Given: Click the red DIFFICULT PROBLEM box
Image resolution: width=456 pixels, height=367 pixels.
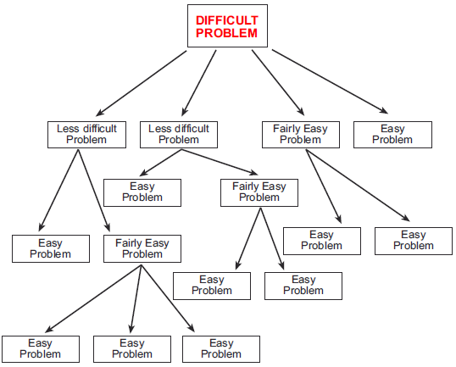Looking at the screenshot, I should (x=226, y=25).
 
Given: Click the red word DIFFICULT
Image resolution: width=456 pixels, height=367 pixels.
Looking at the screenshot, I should (x=226, y=19).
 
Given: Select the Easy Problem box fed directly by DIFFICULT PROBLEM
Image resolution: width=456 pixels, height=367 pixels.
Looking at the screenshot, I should (x=392, y=134).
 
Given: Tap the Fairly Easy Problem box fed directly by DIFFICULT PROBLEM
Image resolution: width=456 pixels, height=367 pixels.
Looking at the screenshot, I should (x=301, y=134).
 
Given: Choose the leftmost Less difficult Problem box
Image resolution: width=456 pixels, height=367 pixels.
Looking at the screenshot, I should (x=86, y=134).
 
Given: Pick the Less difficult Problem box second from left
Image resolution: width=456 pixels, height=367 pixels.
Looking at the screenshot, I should (x=178, y=134).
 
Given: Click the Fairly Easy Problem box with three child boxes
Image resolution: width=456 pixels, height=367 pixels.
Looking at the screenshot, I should (x=142, y=248).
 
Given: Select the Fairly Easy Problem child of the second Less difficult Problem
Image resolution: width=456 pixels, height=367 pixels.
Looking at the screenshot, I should (x=259, y=192).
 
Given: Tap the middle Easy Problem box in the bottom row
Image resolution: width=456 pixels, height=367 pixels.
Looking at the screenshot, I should (x=132, y=348).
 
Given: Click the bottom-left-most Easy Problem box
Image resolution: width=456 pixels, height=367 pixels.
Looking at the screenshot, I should (x=40, y=348).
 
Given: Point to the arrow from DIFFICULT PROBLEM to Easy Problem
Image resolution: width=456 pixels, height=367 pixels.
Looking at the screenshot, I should (x=331, y=81).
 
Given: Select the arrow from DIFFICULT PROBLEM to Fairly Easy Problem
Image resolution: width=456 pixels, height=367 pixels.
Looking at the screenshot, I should (x=277, y=81).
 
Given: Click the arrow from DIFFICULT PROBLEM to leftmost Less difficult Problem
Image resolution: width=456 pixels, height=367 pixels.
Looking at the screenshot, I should (x=141, y=81).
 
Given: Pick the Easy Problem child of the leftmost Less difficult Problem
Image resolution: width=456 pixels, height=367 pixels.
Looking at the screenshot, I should (x=50, y=248).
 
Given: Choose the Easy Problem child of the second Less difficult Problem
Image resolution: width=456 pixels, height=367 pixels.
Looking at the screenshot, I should (x=142, y=192).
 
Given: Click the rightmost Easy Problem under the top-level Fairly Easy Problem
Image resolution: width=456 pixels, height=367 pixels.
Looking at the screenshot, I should (x=413, y=241).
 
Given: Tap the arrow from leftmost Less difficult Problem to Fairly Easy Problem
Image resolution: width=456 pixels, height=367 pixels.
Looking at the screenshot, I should (x=95, y=190).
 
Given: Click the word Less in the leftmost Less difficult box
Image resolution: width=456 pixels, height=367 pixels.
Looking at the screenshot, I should (x=69, y=129).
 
